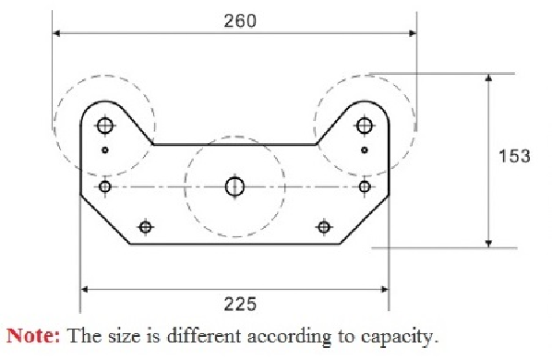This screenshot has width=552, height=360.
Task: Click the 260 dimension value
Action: [240, 20]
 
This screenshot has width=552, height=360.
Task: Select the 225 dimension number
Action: [240, 304]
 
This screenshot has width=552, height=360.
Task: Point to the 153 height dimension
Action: [514, 156]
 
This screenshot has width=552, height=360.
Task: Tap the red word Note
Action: [33, 335]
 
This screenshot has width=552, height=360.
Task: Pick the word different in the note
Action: [204, 335]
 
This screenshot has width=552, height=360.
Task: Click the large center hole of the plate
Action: [234, 186]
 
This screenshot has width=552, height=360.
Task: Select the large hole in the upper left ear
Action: [105, 126]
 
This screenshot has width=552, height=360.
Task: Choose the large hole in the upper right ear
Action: [365, 126]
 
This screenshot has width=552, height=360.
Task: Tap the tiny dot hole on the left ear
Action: [105, 150]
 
